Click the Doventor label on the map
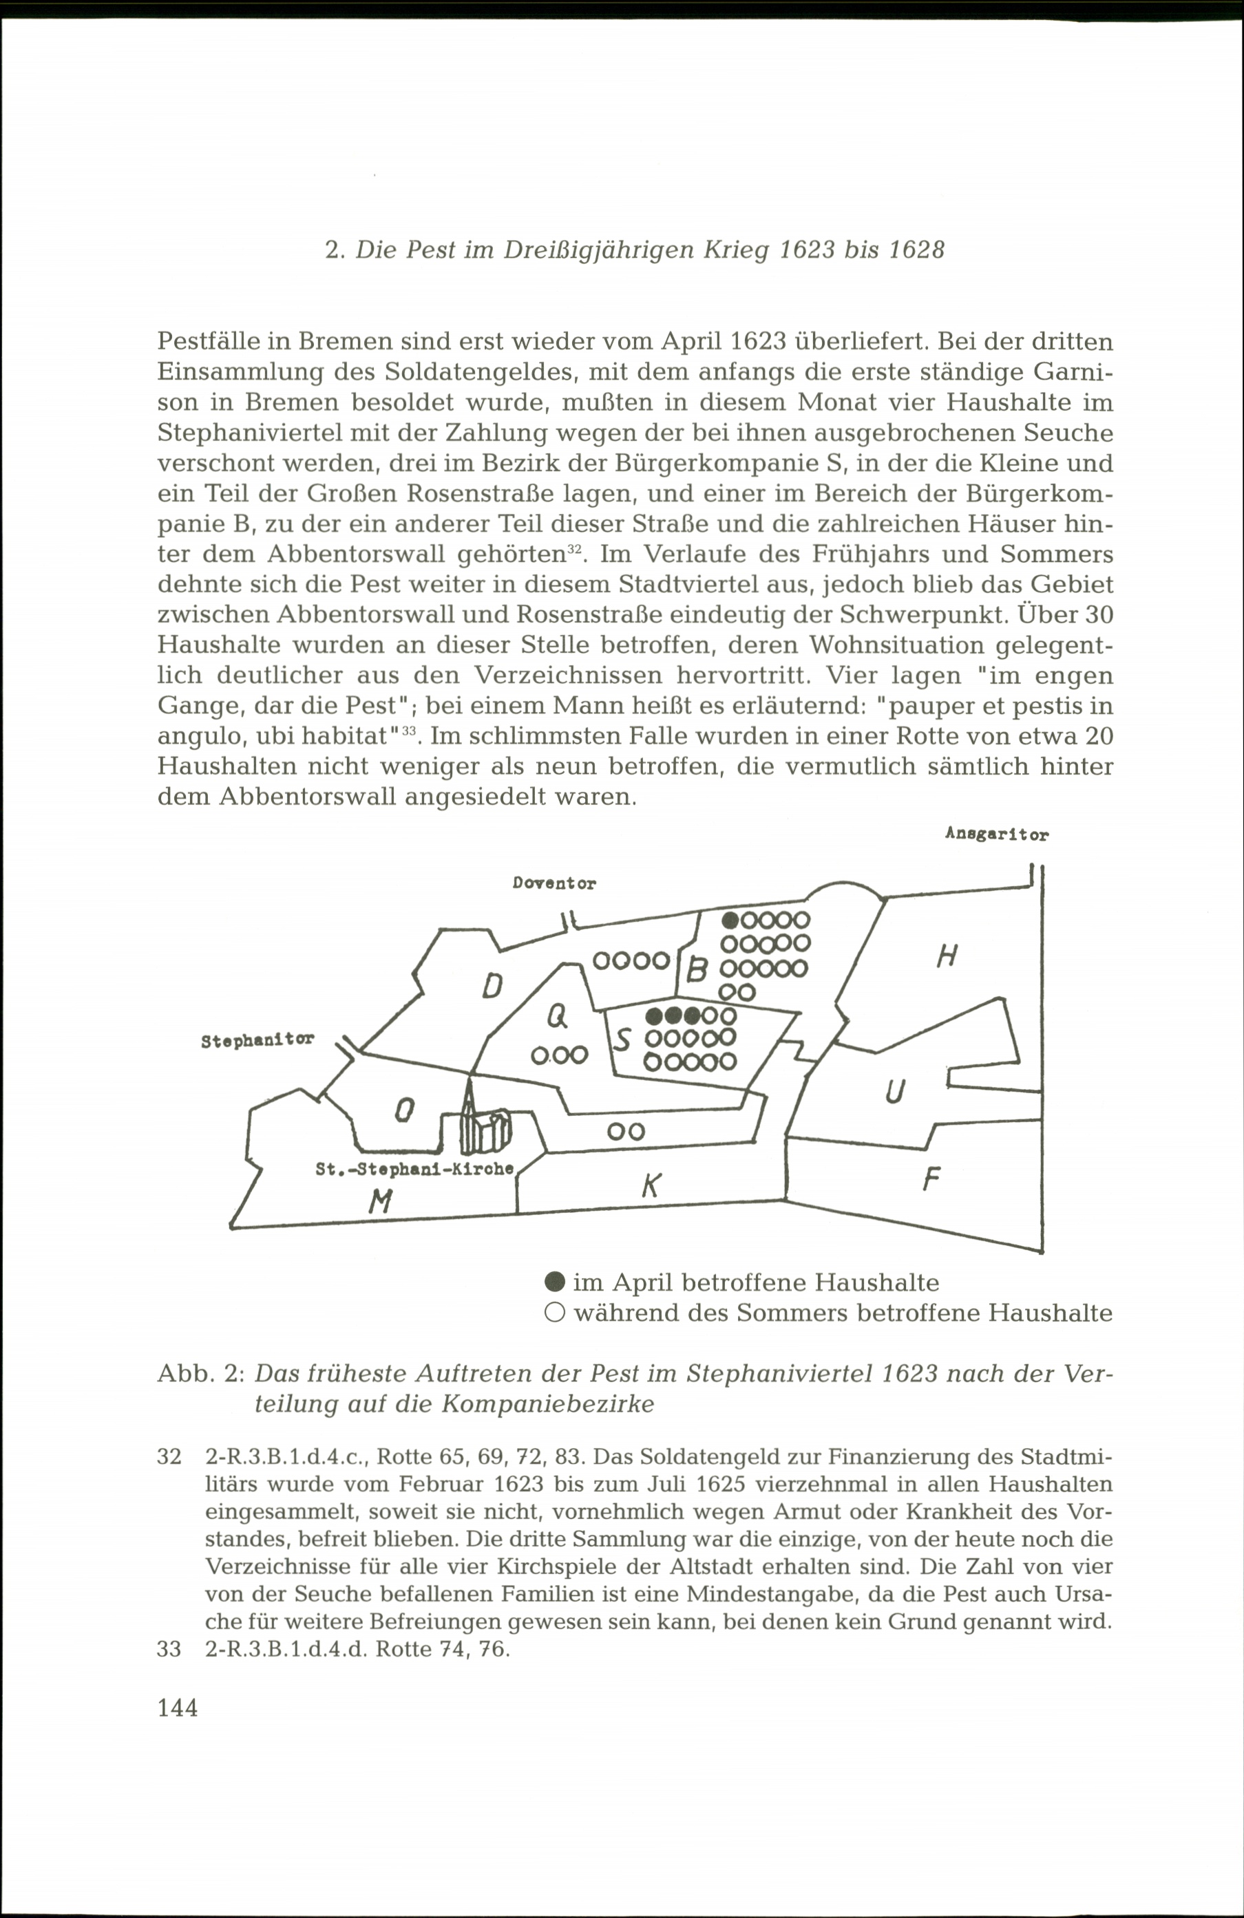click(554, 883)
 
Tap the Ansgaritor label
click(996, 835)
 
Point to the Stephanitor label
click(257, 1040)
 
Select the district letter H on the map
click(947, 956)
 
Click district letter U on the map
click(894, 1092)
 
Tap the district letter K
click(651, 1185)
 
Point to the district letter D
click(492, 986)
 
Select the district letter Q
click(556, 1018)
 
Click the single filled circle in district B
click(730, 920)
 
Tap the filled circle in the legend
click(554, 1282)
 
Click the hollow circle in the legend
click(554, 1313)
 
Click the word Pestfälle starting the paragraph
click(208, 342)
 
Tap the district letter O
click(404, 1111)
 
